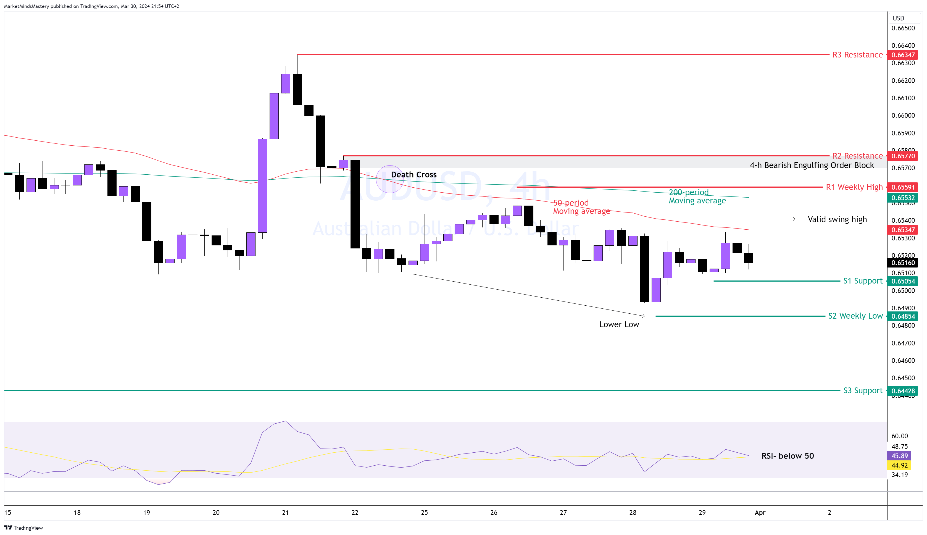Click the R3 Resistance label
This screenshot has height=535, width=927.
(x=857, y=55)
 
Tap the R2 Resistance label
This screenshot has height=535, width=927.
(x=857, y=156)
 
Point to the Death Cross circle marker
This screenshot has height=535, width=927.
(x=390, y=179)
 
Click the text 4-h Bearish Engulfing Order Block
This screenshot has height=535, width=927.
(x=811, y=165)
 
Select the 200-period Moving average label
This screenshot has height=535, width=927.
(x=697, y=196)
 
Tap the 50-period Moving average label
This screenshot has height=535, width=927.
(x=581, y=207)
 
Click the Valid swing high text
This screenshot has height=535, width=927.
(x=837, y=219)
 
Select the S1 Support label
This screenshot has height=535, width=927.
(x=862, y=281)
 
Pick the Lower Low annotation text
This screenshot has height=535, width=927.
(x=619, y=324)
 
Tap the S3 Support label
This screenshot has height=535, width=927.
(x=862, y=390)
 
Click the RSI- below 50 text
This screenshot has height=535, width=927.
(x=788, y=456)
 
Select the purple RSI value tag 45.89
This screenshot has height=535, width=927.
(x=899, y=456)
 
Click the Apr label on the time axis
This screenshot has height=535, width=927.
(x=760, y=513)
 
